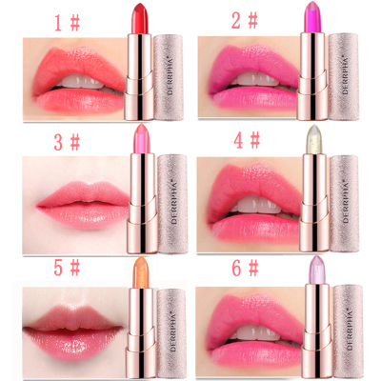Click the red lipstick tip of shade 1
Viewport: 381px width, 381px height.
point(141,18)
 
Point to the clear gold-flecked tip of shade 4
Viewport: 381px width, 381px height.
point(314,139)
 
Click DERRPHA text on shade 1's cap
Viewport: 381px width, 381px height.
point(171,77)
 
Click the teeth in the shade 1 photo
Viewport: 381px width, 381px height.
point(82,83)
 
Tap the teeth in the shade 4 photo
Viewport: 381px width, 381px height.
point(259,206)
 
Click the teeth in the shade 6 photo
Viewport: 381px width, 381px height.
point(259,332)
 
